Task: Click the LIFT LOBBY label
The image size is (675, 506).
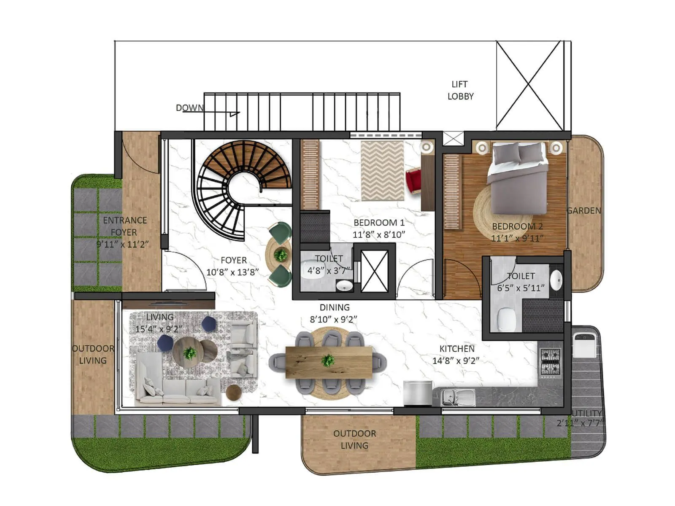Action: coord(460,90)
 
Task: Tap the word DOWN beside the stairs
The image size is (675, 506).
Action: coord(189,108)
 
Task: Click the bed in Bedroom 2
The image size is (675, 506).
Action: coord(518,177)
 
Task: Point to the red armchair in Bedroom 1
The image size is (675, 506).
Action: coord(413,180)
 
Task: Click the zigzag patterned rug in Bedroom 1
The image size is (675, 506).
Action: coord(382,171)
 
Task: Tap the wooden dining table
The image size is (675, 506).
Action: coord(329,361)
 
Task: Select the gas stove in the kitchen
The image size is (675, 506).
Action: coord(551,362)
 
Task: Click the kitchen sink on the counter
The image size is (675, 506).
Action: coord(458,397)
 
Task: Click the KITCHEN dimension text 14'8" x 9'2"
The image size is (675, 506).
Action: coord(456,361)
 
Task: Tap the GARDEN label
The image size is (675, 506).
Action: coord(584,210)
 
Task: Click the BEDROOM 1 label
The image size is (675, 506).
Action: coord(378,223)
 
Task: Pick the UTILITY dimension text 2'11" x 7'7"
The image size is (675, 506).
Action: coord(580,423)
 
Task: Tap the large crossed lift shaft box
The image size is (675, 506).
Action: coord(529,86)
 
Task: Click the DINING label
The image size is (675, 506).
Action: coord(334,307)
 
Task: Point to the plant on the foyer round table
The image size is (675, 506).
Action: coord(280,255)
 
